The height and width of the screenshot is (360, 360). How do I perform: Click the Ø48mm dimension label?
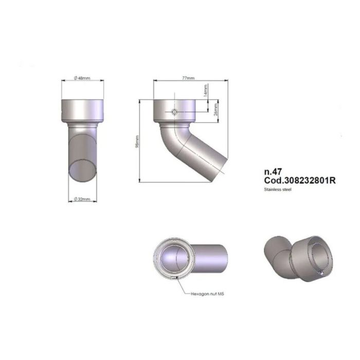[x=82, y=78]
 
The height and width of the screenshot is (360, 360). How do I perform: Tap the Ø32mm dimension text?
[x=82, y=199]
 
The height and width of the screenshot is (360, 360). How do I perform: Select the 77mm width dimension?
[x=188, y=78]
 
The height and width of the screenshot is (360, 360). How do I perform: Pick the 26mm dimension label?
[x=216, y=109]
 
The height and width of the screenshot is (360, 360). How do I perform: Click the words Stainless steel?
[x=278, y=189]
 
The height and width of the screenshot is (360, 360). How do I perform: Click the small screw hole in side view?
[x=175, y=112]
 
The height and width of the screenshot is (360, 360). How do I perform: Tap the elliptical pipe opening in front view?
[x=82, y=169]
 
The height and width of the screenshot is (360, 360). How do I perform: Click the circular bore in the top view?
[x=175, y=256]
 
